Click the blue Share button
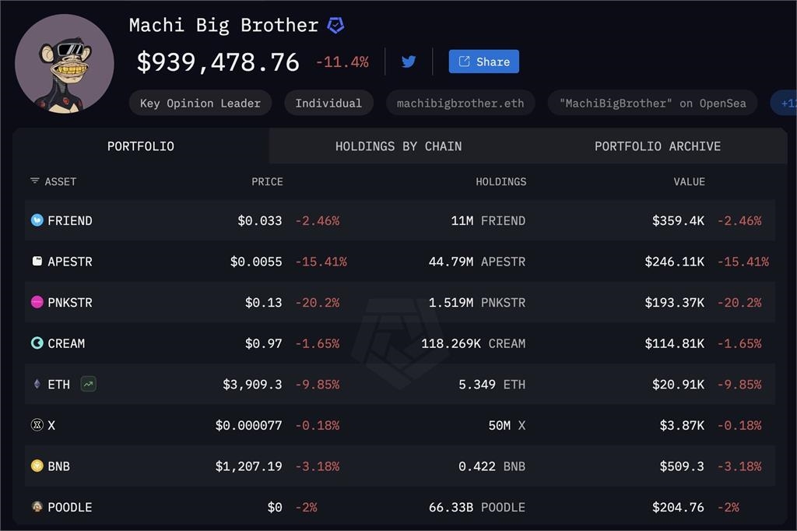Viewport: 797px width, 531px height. (x=483, y=62)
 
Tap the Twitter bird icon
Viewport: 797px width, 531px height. (x=409, y=62)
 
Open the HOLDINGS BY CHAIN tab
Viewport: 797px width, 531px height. (x=398, y=146)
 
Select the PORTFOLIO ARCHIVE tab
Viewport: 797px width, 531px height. (x=657, y=146)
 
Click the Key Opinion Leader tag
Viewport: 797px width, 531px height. (x=200, y=103)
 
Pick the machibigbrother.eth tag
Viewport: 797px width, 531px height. (x=460, y=103)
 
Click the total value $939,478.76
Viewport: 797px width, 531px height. (x=218, y=62)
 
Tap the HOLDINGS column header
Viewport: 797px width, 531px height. (x=500, y=181)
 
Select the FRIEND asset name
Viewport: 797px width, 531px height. (x=69, y=220)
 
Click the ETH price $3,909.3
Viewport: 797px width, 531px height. (x=252, y=384)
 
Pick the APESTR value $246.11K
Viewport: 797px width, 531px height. (x=674, y=262)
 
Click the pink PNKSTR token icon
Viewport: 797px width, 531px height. (x=37, y=302)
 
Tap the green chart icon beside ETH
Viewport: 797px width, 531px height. (x=89, y=384)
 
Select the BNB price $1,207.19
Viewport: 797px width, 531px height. (x=248, y=466)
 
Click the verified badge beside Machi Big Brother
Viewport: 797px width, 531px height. (x=335, y=26)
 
